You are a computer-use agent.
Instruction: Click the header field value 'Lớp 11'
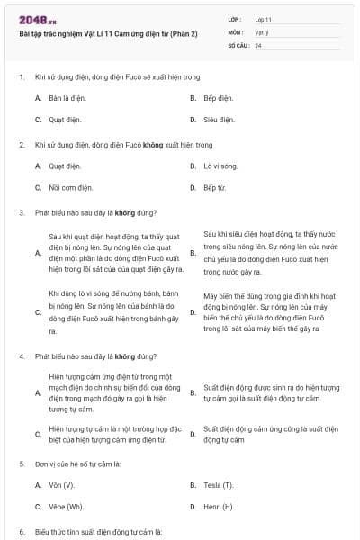pyautogui.click(x=263, y=18)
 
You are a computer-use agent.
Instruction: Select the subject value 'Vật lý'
pyautogui.click(x=262, y=31)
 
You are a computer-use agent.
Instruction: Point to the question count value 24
pyautogui.click(x=258, y=45)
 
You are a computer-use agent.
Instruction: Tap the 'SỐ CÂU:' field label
pyautogui.click(x=237, y=45)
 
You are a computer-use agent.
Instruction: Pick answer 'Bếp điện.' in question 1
pyautogui.click(x=218, y=97)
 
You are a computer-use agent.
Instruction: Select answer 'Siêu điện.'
pyautogui.click(x=219, y=120)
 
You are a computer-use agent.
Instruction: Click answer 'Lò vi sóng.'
pyautogui.click(x=220, y=166)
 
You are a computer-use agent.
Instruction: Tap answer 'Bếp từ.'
pyautogui.click(x=215, y=188)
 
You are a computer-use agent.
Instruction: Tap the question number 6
pyautogui.click(x=21, y=531)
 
